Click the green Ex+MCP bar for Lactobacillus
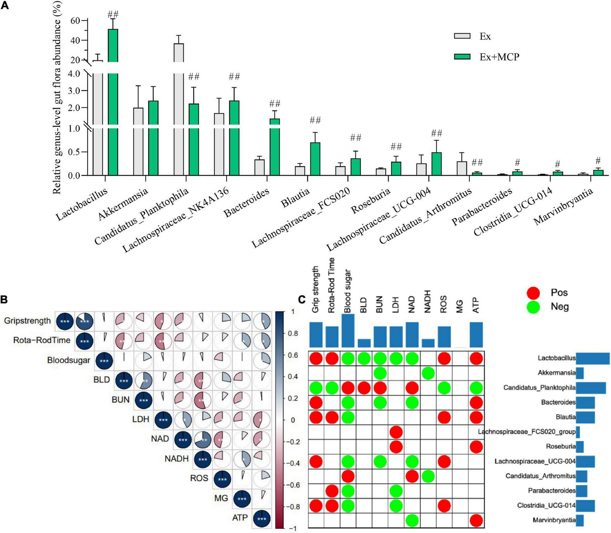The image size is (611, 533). click(x=113, y=104)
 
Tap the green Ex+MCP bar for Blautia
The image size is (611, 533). click(x=315, y=159)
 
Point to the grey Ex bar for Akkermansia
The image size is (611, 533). click(x=138, y=142)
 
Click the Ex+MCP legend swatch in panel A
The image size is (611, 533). click(x=462, y=57)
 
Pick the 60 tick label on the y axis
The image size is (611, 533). click(x=75, y=21)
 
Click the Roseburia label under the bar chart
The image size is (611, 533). click(x=371, y=201)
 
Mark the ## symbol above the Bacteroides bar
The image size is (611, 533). click(x=275, y=103)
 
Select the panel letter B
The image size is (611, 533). click(x=4, y=299)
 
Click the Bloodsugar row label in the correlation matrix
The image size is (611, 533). click(x=69, y=360)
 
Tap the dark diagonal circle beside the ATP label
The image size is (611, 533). click(x=262, y=518)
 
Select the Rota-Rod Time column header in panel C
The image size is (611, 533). click(x=331, y=285)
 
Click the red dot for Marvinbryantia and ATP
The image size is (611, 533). click(x=476, y=520)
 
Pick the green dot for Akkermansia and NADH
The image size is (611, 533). click(x=428, y=373)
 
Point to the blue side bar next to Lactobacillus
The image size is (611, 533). click(x=592, y=358)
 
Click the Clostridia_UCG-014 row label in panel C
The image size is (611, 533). click(x=546, y=505)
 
